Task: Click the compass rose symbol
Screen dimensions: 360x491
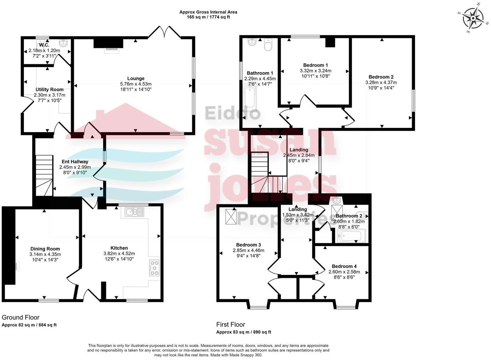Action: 473,18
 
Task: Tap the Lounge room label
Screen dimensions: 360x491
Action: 136,79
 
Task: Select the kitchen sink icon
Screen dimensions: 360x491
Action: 135,212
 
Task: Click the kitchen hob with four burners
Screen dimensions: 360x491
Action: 154,268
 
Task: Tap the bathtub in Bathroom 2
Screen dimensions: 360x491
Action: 351,236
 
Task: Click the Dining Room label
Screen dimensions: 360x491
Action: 45,249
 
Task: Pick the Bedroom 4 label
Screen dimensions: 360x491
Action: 344,266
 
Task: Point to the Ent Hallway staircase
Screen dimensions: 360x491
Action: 44,175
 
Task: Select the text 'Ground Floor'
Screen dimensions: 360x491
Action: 21,317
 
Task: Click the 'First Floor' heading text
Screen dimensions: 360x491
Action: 231,325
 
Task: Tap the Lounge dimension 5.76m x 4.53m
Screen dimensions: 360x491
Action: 136,84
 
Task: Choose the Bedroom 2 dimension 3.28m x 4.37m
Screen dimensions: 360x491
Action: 381,82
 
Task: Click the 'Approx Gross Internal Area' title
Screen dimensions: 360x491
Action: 208,12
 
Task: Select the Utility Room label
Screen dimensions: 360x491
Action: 50,90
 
